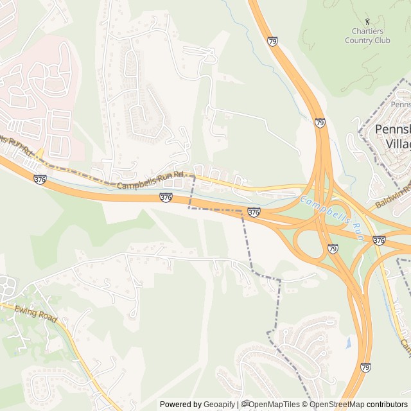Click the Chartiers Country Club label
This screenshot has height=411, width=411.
[x=367, y=36]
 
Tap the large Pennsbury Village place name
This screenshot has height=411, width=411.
[x=393, y=136]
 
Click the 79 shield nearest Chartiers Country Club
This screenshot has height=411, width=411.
[x=273, y=42]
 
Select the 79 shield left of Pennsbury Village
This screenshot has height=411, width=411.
[x=319, y=122]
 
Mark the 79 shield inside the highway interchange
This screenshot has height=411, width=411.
[x=333, y=249]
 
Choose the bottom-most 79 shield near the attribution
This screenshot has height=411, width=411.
[x=365, y=368]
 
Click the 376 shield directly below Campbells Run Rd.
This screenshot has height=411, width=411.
[x=166, y=198]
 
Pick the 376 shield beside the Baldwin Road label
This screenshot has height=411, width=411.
[x=379, y=241]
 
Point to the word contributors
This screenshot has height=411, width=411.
[x=387, y=405]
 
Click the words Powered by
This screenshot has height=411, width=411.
[x=180, y=405]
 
